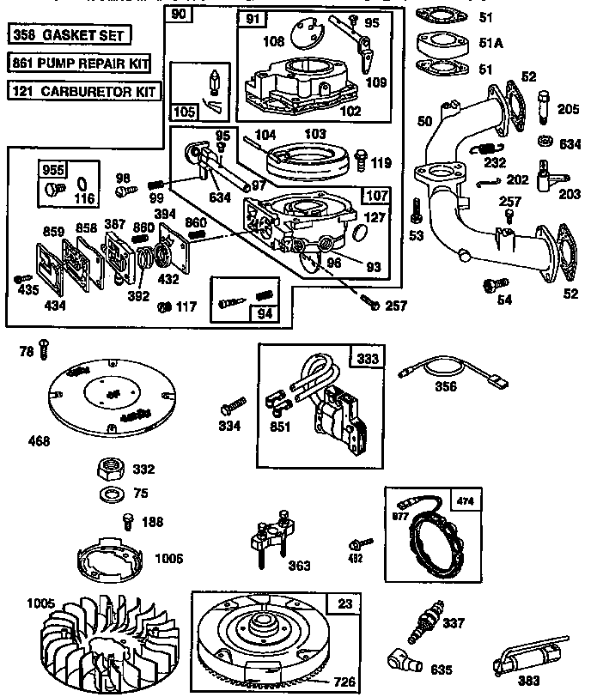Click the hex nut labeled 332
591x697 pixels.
point(110,470)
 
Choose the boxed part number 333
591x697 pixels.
point(367,358)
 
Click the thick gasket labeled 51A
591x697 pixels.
point(439,43)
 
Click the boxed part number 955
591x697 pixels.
point(52,168)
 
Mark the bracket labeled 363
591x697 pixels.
point(273,536)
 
